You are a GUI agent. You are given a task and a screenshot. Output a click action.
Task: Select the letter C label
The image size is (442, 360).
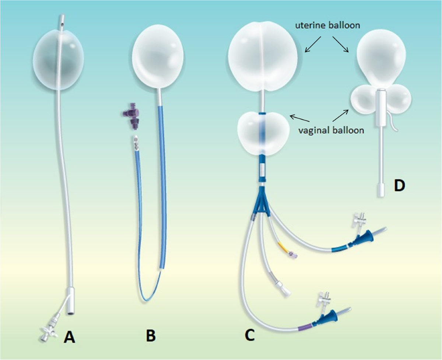pyautogui.click(x=249, y=325)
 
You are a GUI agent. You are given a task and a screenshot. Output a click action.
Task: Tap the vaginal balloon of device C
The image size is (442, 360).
pyautogui.click(x=262, y=133)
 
